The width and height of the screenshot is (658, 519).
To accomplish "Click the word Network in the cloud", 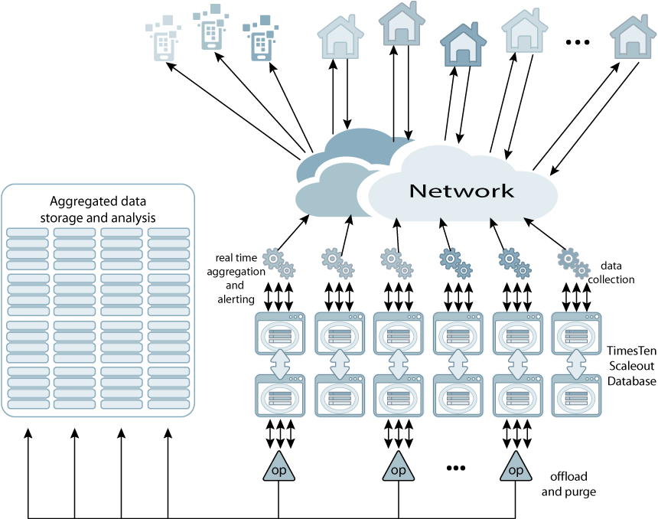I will click(461, 191).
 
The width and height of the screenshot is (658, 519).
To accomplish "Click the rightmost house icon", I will click(634, 38).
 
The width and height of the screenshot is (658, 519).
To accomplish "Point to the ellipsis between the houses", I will click(578, 43).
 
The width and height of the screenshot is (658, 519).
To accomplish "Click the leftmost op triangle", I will click(278, 467).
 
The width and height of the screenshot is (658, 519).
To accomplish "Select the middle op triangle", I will click(398, 467).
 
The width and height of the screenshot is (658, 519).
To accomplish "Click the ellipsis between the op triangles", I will click(455, 468).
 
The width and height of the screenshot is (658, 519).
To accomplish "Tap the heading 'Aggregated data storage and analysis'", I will click(98, 209).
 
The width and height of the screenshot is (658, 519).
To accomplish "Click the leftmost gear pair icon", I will click(279, 262).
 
